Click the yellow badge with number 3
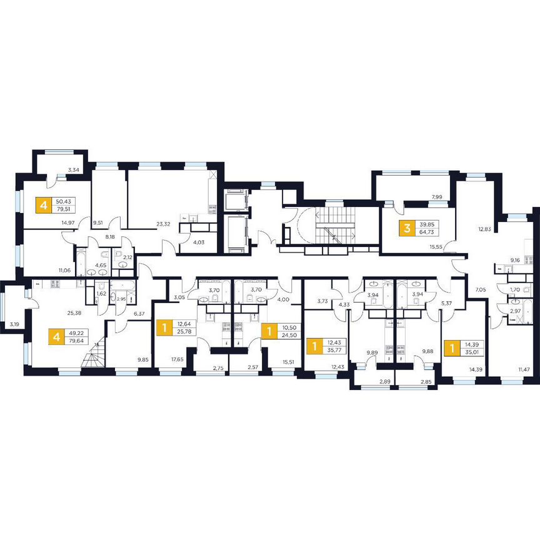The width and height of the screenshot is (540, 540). [407, 228]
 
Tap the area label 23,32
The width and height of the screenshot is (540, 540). [165, 223]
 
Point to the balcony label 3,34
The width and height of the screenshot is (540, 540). [73, 170]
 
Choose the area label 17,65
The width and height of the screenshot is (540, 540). [177, 359]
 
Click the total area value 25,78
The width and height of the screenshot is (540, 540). [184, 332]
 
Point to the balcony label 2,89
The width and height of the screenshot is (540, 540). [372, 381]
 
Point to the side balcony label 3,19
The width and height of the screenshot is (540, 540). [13, 324]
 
